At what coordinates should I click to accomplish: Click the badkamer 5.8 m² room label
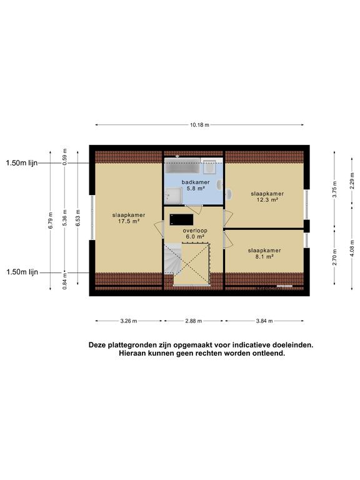click(193, 185)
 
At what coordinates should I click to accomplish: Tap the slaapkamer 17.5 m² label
click(125, 217)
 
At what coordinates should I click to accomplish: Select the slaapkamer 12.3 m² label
click(267, 197)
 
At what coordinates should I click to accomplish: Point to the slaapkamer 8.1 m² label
click(264, 253)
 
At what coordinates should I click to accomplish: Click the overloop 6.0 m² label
click(194, 234)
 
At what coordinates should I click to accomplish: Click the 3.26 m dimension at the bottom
click(129, 321)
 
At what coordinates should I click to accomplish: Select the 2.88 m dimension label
click(194, 321)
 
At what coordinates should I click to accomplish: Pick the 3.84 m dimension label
click(266, 321)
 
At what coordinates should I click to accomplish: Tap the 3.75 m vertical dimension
click(335, 192)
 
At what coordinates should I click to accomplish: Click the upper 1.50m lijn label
click(22, 163)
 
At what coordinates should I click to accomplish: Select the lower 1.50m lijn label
click(22, 272)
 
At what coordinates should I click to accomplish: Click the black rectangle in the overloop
click(182, 219)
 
